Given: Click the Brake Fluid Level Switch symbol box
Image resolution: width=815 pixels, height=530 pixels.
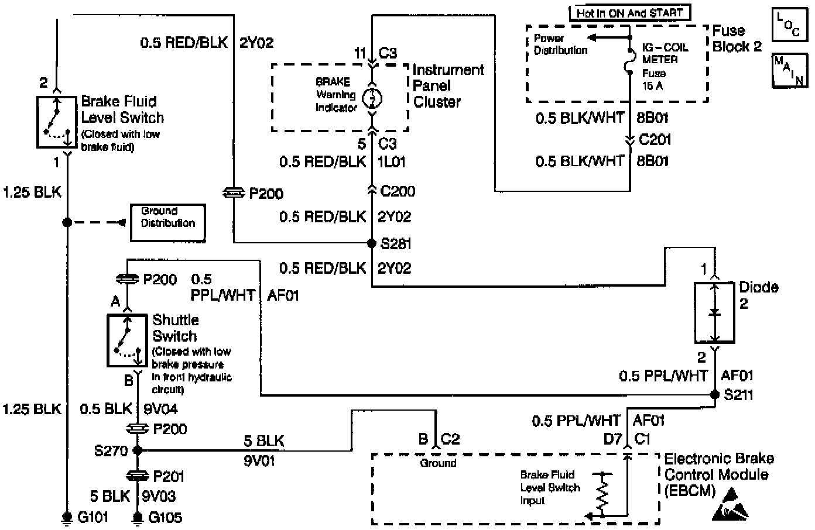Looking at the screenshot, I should (57, 122).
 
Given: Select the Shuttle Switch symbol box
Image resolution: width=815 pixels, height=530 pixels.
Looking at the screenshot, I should (127, 340).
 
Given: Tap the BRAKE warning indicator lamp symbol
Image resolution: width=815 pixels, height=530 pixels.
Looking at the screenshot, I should (372, 98).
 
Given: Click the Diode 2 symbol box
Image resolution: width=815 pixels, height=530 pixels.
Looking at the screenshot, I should (714, 313).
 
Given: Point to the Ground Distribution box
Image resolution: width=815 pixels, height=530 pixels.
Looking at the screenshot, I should (167, 222).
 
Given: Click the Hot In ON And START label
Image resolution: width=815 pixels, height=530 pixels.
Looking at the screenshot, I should (629, 13).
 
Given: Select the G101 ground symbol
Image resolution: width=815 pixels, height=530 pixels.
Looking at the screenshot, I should (67, 517).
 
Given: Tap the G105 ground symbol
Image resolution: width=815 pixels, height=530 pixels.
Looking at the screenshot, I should (138, 517).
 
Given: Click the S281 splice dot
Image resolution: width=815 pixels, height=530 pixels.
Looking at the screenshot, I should (371, 243).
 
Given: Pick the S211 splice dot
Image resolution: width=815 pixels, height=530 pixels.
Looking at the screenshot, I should (714, 394).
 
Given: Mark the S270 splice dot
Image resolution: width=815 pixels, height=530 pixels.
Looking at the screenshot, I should (138, 450).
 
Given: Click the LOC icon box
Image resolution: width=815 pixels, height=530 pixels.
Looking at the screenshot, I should (789, 25).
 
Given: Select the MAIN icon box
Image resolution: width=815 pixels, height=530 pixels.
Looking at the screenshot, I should (789, 70).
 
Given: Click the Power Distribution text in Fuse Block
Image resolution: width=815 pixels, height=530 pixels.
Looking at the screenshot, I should (560, 44).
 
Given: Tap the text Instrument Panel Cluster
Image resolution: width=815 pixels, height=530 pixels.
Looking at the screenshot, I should (448, 85).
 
